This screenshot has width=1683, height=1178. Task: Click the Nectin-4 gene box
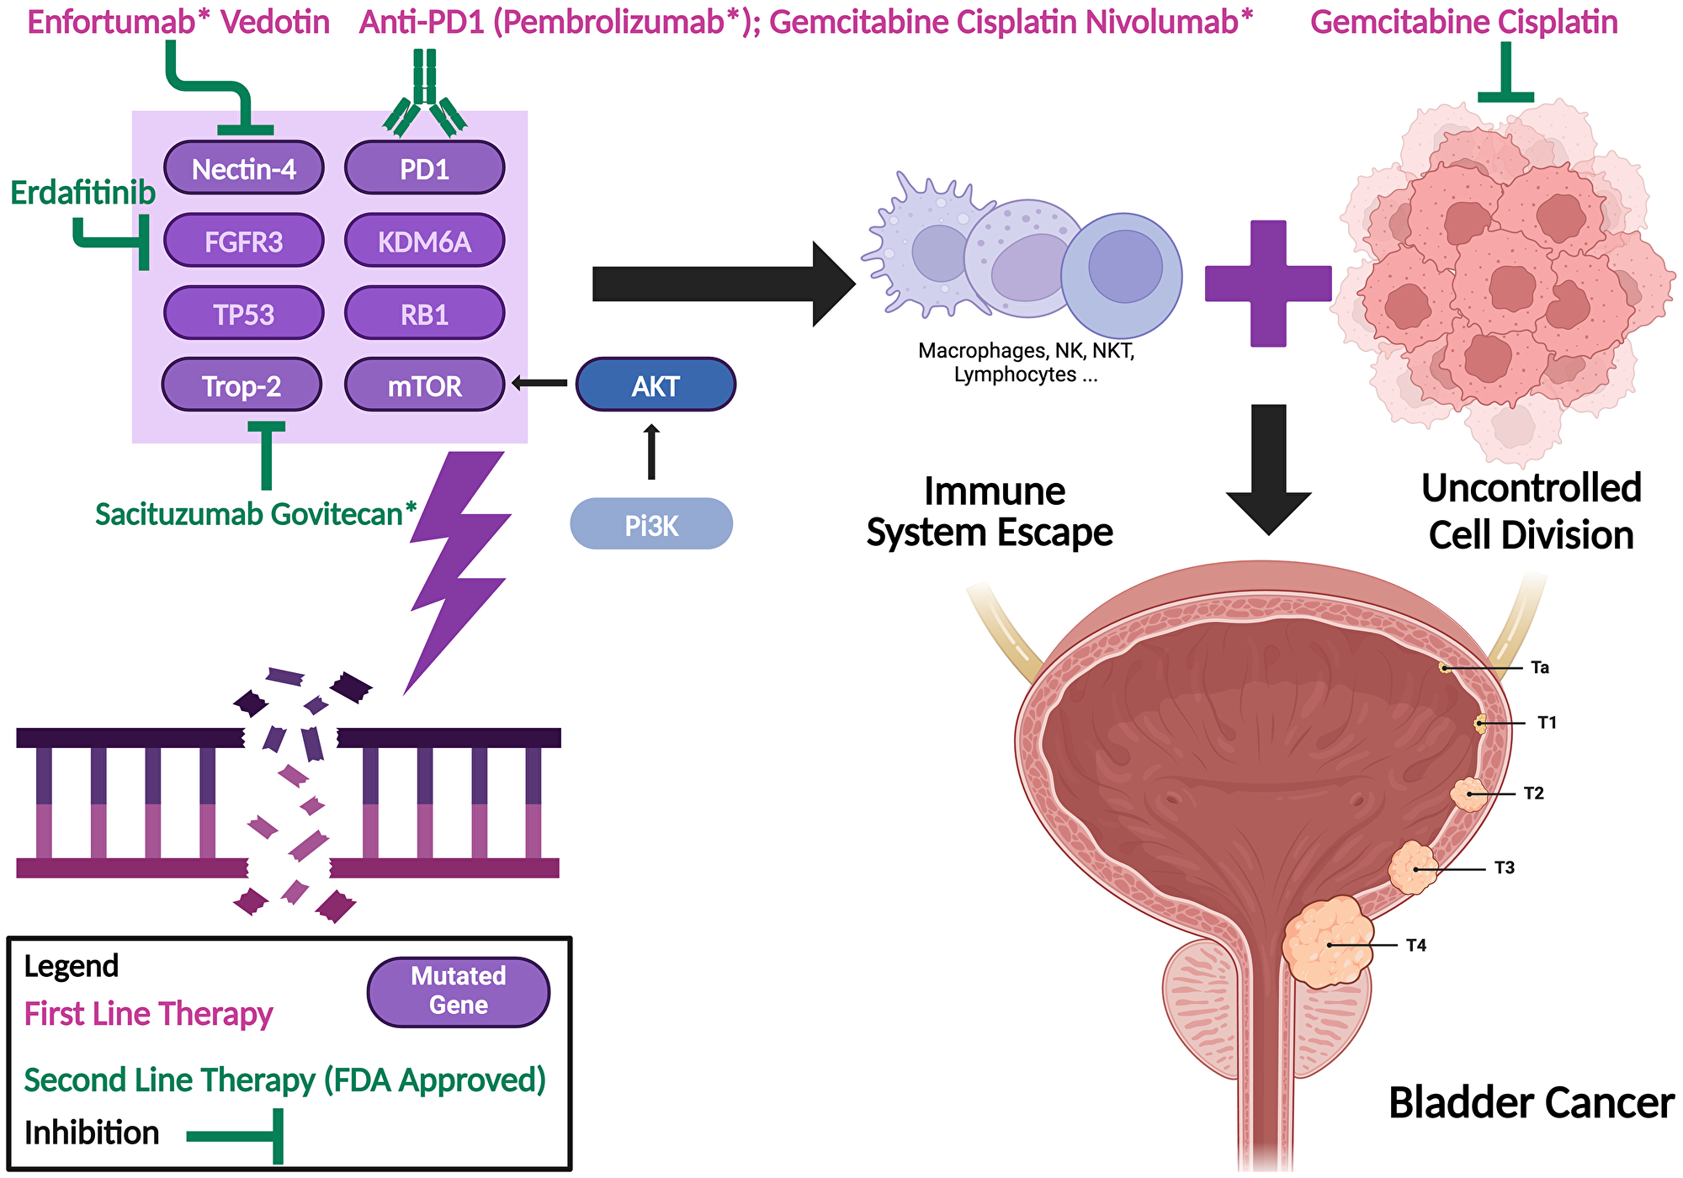click(x=243, y=168)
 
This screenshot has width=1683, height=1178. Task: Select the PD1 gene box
click(x=424, y=168)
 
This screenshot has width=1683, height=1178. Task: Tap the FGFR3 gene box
click(x=243, y=241)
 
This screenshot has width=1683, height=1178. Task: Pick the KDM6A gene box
click(x=424, y=241)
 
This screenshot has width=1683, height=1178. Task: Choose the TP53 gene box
click(x=243, y=314)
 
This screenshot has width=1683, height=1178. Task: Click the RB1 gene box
click(x=424, y=314)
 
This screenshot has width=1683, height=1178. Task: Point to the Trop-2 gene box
click(x=242, y=385)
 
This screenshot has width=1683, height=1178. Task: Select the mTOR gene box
click(x=424, y=385)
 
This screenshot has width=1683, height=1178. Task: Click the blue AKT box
click(x=655, y=385)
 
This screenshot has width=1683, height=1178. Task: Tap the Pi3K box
click(x=651, y=525)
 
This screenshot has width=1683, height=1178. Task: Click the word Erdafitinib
click(x=82, y=194)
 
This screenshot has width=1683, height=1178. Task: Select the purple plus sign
click(x=1268, y=284)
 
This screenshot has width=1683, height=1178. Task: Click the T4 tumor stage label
click(x=1416, y=946)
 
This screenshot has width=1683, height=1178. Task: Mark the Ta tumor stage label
click(x=1539, y=668)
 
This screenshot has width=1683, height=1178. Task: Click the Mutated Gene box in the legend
click(x=459, y=991)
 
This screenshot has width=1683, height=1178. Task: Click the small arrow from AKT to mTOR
click(x=539, y=384)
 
